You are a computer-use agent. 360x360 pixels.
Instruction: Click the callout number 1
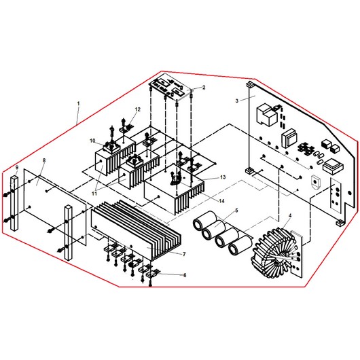coord(78,103)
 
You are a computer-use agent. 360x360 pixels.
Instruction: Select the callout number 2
coord(204,87)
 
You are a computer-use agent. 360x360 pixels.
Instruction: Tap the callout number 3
coord(237,101)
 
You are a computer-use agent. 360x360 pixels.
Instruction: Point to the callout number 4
coord(290,215)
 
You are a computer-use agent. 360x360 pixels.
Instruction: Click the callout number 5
coord(236,211)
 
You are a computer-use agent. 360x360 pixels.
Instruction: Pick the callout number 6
coord(185,275)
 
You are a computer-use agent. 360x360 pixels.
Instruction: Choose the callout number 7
coord(184,254)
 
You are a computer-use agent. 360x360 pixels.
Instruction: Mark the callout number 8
coord(44,160)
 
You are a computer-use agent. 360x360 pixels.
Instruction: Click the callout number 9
coord(17,168)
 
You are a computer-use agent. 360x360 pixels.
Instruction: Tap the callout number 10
coord(92,141)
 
